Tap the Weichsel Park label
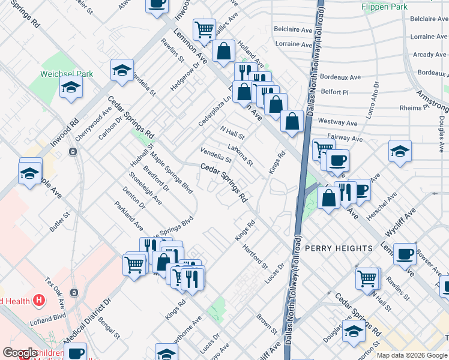click(x=67, y=74)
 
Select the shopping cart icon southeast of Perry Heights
click(x=367, y=277)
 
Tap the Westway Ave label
click(x=337, y=122)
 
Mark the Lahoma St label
click(x=241, y=155)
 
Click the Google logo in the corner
click(x=20, y=353)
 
